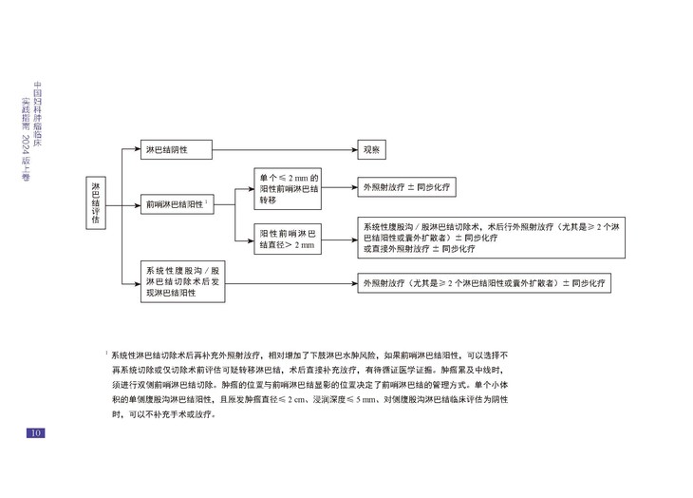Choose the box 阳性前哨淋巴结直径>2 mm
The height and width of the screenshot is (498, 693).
click(290, 238)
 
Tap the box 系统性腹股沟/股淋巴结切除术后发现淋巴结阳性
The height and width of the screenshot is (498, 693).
click(183, 282)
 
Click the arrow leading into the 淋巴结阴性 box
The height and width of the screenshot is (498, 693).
click(129, 150)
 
